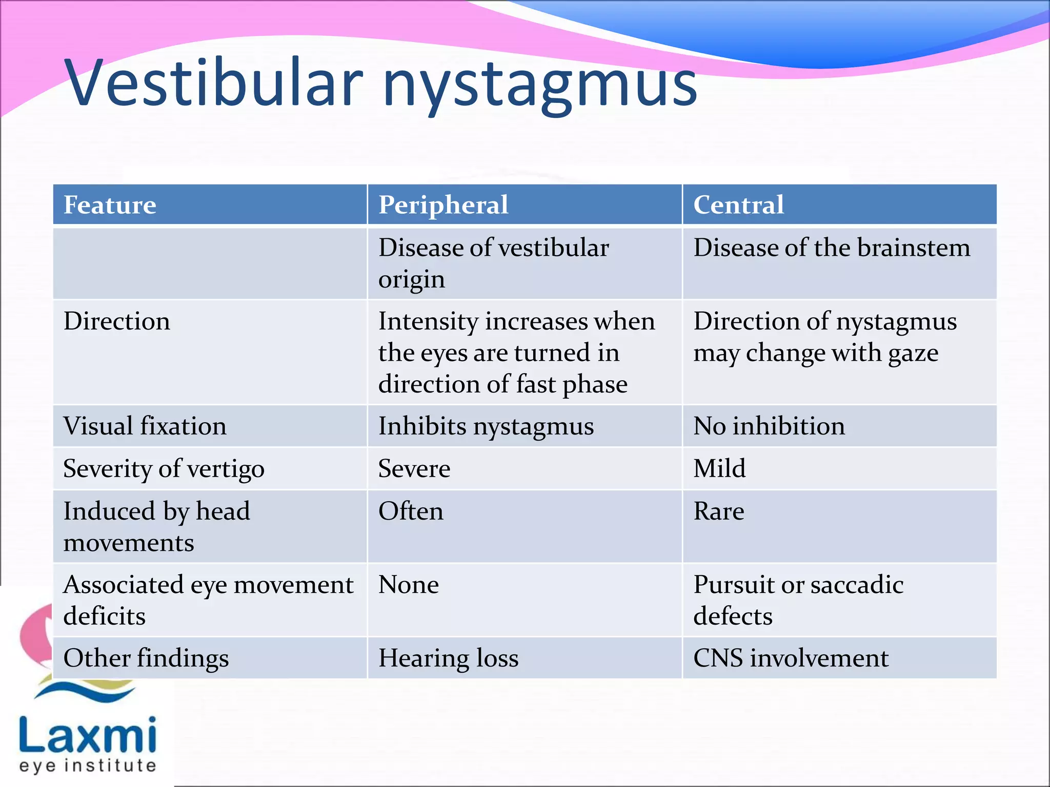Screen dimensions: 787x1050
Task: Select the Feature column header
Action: pos(110,205)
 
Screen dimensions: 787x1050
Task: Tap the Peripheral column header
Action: pos(443,205)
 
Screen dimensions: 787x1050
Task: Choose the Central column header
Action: pos(738,205)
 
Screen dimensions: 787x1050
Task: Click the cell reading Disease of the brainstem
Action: pos(832,248)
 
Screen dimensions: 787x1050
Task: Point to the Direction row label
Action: pos(117,322)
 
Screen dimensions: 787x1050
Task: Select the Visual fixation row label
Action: pos(145,426)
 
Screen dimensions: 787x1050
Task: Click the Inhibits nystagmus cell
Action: pos(486,426)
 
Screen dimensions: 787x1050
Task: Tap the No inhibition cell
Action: pos(769,426)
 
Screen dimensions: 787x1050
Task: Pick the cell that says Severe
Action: pos(414,469)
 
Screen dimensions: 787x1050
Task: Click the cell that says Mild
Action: pos(719,469)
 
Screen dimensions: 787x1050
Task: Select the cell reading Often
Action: pos(411,511)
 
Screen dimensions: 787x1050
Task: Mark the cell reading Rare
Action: pos(719,511)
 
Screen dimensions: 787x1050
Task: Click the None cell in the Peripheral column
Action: pos(409,585)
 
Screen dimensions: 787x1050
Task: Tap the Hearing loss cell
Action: pos(449,658)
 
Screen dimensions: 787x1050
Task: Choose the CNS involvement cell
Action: pos(791,658)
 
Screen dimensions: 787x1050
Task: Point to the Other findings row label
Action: pos(146,658)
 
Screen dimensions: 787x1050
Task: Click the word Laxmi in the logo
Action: pos(88,736)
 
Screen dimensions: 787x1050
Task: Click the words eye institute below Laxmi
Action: pos(88,766)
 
